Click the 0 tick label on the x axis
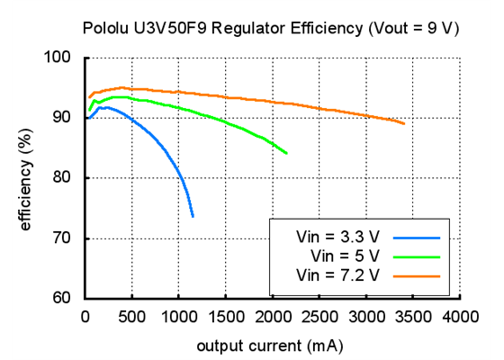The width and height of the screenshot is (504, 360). [x=85, y=316]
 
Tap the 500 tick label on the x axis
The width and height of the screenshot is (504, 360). [x=132, y=316]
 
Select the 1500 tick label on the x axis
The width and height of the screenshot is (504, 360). [x=226, y=316]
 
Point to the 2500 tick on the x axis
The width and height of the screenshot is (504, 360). [x=319, y=316]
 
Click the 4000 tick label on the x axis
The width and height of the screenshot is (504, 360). [x=460, y=316]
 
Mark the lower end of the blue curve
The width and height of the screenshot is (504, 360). [x=193, y=216]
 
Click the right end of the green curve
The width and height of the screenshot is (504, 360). [x=286, y=153]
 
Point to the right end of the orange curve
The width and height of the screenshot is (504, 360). [x=404, y=124]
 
